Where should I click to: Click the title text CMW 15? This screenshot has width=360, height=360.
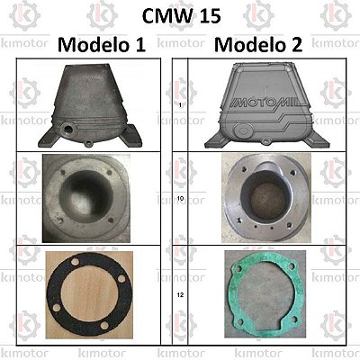(x=182, y=16)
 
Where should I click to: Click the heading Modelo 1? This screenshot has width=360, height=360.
(x=102, y=45)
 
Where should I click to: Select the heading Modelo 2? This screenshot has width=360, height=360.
(x=258, y=45)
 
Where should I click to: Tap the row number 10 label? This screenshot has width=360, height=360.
(x=180, y=199)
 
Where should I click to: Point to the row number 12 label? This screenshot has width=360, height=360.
(x=180, y=295)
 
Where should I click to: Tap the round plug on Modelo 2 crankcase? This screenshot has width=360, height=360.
(x=242, y=130)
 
